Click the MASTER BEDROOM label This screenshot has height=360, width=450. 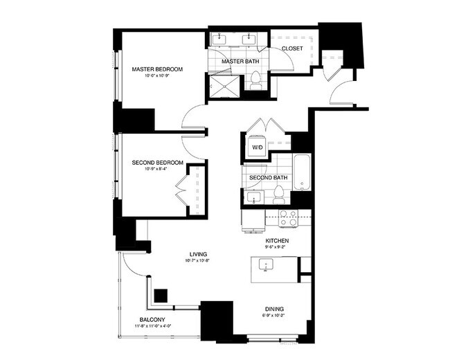[x=157, y=69]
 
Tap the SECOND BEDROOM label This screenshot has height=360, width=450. [x=158, y=163]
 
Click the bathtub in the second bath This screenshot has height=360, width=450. [x=303, y=173]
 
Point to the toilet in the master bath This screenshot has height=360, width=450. [x=255, y=82]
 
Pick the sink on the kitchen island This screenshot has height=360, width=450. [x=265, y=264]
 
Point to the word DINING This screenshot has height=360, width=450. [x=274, y=309]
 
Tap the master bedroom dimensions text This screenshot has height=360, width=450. [x=157, y=75]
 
